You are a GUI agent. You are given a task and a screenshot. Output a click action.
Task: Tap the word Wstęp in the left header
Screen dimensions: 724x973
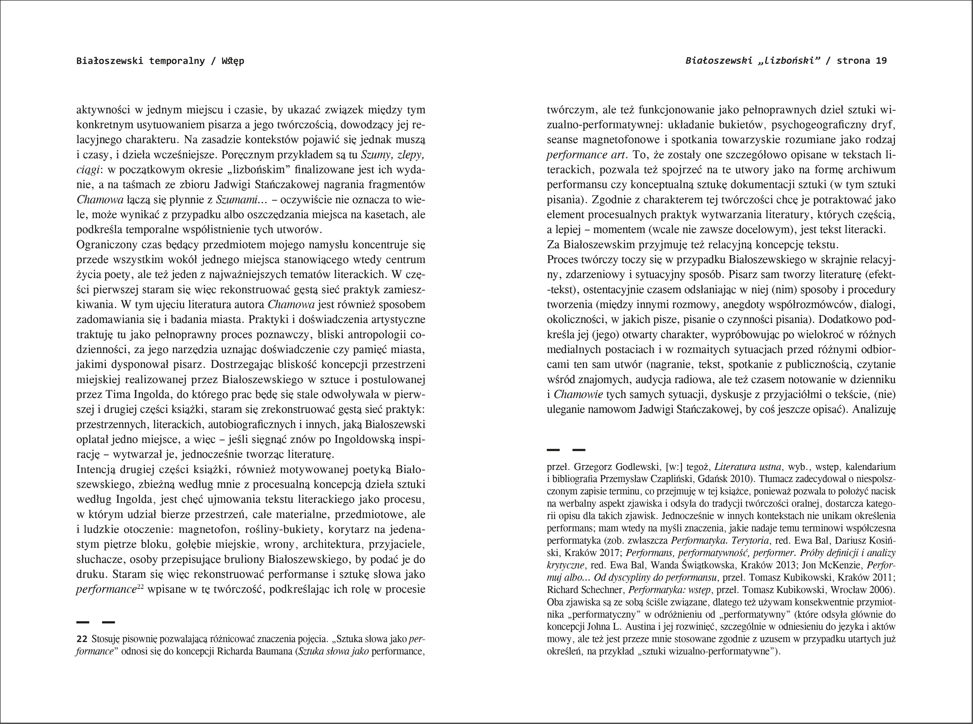click(233, 61)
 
